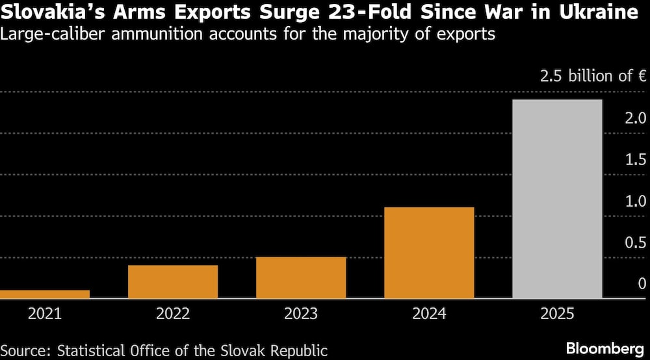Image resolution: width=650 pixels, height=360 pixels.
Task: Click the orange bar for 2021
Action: point(45,294)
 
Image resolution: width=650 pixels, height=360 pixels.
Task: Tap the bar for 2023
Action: point(301,277)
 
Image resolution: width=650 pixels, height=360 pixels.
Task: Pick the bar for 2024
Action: point(429,253)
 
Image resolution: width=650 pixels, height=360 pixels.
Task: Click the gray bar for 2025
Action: point(557,199)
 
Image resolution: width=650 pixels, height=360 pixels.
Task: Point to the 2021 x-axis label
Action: point(45,314)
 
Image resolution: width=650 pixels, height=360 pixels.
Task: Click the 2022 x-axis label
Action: point(173,314)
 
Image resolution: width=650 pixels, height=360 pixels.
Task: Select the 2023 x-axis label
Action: point(301,314)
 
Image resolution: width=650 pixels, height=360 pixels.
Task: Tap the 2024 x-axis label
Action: point(429,314)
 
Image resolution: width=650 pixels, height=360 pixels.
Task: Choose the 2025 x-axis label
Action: point(557,314)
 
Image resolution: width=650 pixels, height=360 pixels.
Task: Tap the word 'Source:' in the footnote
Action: point(26,350)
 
